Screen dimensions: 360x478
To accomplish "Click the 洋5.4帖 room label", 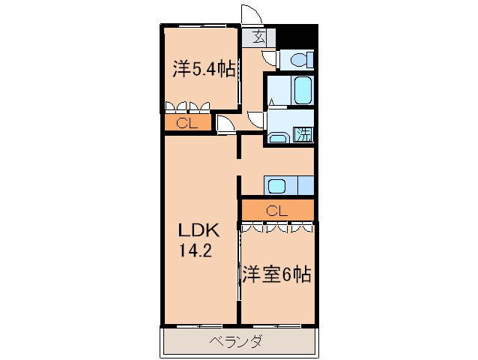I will tap(204, 70).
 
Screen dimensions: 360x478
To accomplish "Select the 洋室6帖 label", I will tap(276, 274).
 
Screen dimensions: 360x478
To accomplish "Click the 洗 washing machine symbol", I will tap(303, 136).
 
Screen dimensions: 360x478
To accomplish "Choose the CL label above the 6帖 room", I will tap(276, 211).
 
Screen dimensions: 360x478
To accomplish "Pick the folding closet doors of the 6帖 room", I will tap(276, 227).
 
